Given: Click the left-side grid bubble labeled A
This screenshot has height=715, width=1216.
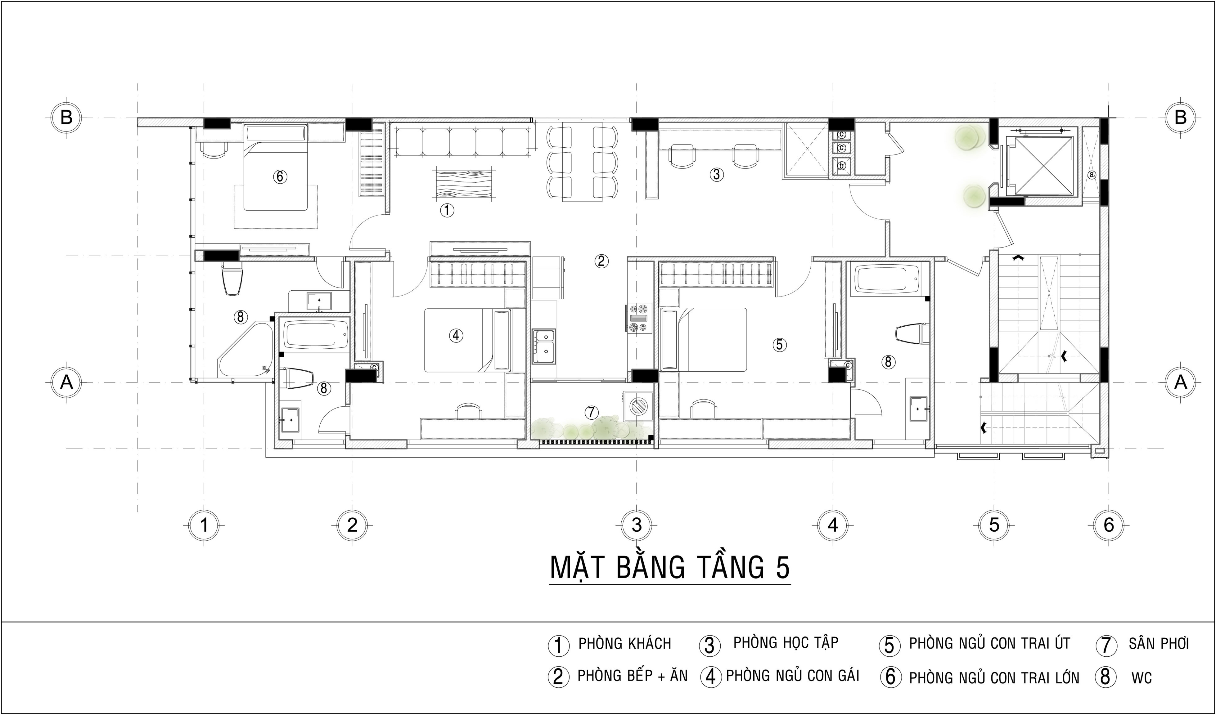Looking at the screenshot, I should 66,382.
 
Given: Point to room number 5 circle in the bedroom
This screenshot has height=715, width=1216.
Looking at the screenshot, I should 779,345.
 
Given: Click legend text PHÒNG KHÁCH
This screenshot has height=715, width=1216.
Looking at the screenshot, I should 624,644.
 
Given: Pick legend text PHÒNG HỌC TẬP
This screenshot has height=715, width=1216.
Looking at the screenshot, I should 786,643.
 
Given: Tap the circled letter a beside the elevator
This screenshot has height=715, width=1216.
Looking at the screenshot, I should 1092,175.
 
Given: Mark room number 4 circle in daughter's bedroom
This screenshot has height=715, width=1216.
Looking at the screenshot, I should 456,335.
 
